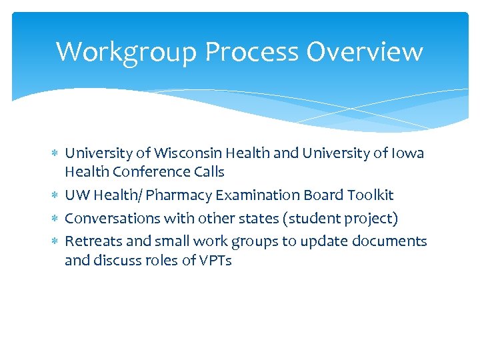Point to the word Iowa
point(408,153)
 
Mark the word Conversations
point(109,219)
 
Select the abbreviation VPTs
point(215,261)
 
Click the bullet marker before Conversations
point(55,219)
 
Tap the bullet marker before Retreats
point(55,241)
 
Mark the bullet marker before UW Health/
point(55,195)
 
